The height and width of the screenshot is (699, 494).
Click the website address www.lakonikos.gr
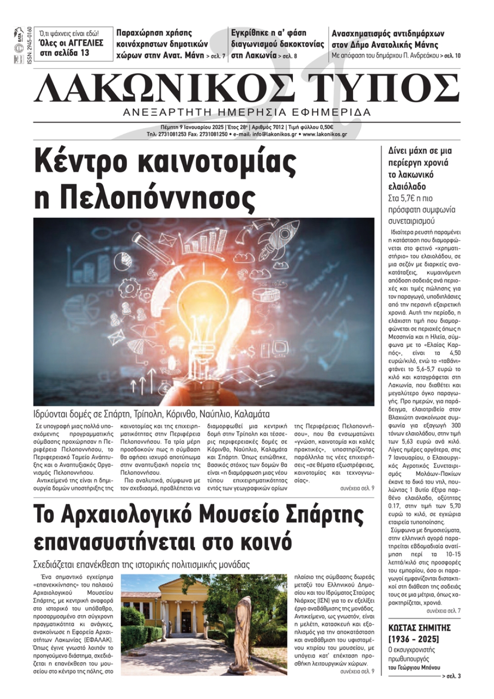coord(325,134)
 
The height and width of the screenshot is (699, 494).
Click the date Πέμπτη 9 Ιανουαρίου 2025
coord(192,127)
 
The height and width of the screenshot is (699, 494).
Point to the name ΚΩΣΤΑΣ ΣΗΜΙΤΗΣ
coord(419,628)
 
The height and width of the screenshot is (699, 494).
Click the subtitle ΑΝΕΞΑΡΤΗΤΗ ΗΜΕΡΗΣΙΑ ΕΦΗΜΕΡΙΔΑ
coord(247,112)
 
